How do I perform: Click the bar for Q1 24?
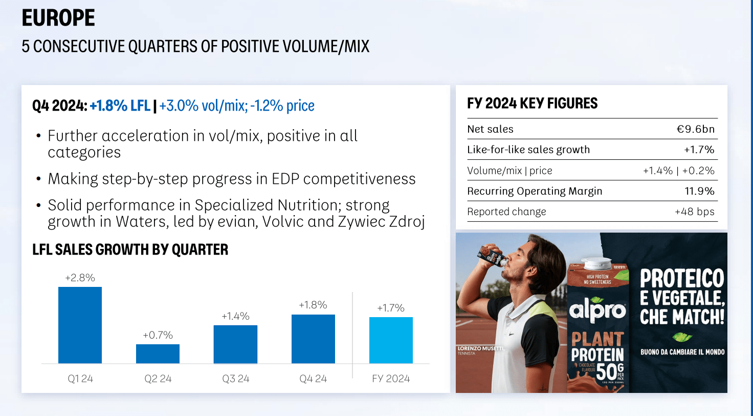tap(80, 325)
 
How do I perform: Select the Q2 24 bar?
tap(158, 353)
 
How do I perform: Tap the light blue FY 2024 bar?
tap(391, 340)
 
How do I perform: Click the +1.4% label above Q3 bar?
tap(235, 317)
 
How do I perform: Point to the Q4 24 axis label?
tap(313, 379)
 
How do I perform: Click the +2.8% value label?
tap(80, 278)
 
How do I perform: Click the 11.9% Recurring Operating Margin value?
tap(699, 191)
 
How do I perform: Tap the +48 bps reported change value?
tap(694, 212)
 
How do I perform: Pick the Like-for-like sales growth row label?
tap(528, 150)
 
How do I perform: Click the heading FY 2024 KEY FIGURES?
tap(532, 103)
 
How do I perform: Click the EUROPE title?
tap(58, 18)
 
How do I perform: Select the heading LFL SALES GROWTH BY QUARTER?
tap(130, 250)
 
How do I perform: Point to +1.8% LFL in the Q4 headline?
tap(120, 106)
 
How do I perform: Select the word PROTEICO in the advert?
tap(682, 279)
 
